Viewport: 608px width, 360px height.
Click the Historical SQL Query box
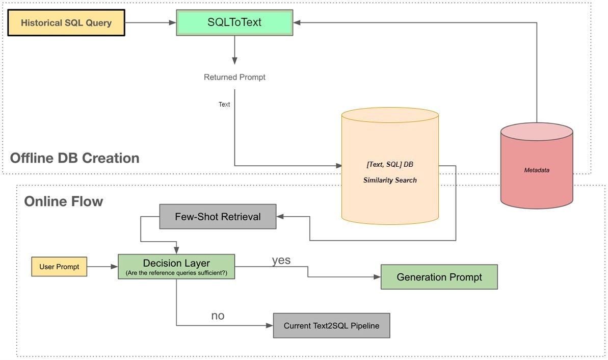tap(66, 22)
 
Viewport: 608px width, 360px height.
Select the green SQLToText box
tap(234, 23)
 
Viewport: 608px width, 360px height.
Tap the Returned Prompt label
tap(234, 78)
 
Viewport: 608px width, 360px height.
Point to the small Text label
tap(224, 105)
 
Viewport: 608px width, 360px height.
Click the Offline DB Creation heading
tap(74, 158)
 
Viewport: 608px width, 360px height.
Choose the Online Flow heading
tap(64, 201)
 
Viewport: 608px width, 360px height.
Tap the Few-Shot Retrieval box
tap(218, 217)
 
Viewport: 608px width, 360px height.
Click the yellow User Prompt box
tap(59, 267)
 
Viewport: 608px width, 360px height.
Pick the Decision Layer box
tap(176, 267)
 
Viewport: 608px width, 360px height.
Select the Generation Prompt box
tap(439, 277)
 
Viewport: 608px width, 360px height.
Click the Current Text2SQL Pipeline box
tap(331, 326)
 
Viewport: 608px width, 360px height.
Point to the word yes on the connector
tap(281, 261)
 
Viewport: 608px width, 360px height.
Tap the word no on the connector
tap(218, 316)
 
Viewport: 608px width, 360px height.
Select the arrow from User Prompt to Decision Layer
tap(102, 267)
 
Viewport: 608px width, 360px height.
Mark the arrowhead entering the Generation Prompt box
tap(377, 277)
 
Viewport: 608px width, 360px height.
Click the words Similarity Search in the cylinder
tap(390, 181)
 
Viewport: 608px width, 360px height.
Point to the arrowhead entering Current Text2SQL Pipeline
tap(270, 326)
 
